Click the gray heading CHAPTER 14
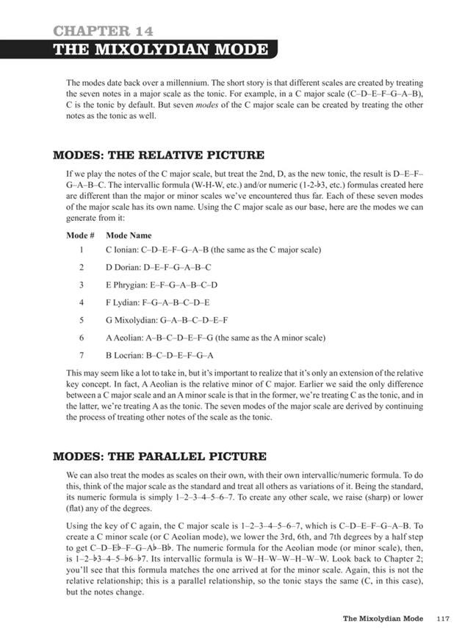[x=104, y=31]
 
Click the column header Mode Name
[x=129, y=236]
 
